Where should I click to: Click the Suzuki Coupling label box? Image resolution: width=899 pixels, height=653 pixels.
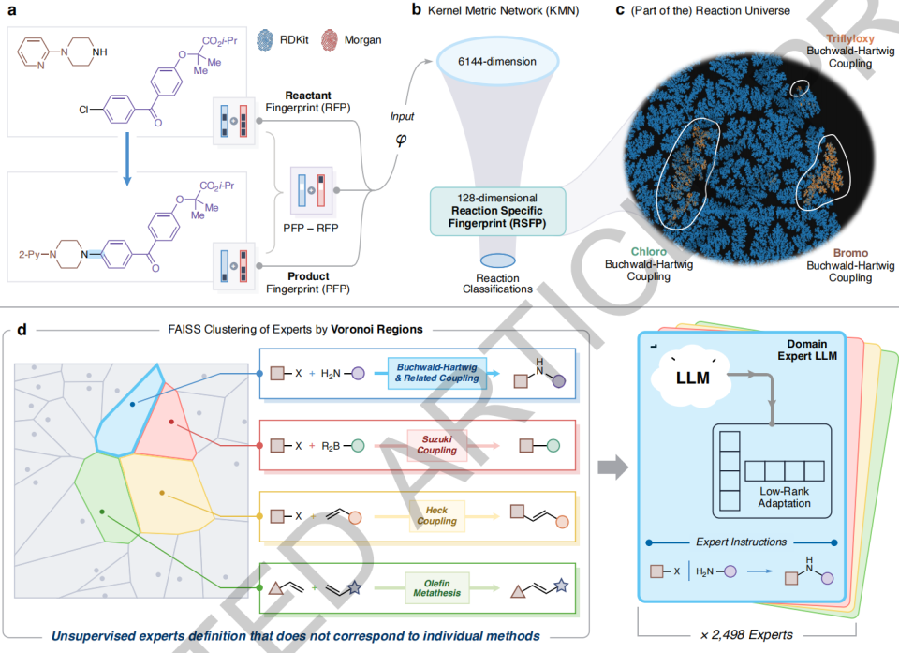coord(437,444)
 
